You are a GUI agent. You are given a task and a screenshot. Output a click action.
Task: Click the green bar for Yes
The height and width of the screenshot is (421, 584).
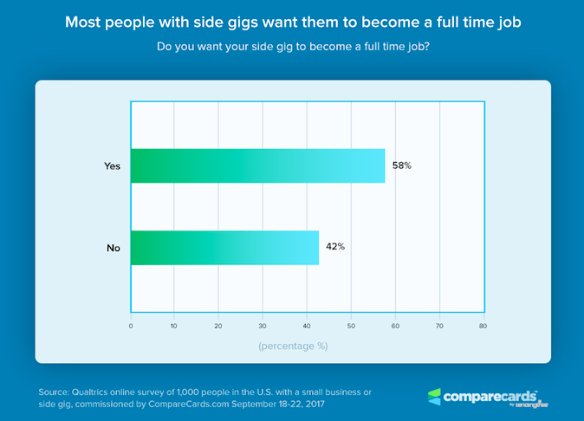[x=257, y=165]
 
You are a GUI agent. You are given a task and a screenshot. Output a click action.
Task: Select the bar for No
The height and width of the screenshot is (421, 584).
[x=224, y=247]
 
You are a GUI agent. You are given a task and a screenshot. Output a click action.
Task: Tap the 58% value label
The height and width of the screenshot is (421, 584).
[x=400, y=165]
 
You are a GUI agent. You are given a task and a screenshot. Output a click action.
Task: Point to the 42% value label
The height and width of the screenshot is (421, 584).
[x=335, y=246]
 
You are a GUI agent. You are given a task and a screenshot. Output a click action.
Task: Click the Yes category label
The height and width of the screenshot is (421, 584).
[x=111, y=165]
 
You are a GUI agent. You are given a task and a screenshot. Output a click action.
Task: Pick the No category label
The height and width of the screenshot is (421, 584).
[x=113, y=248]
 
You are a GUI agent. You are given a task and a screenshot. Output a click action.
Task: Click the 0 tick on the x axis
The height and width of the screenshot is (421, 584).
[x=131, y=327]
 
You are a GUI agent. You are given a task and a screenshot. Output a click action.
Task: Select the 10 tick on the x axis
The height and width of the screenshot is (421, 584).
[x=174, y=327]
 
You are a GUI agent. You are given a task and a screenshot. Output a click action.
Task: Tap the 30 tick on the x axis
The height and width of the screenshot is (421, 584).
[x=263, y=327]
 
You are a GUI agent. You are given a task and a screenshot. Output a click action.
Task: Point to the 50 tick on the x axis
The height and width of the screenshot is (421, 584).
[x=351, y=327]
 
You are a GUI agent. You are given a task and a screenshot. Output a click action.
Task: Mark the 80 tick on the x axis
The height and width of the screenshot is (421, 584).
[x=483, y=327]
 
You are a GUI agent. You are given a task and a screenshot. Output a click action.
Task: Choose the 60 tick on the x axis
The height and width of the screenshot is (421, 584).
[x=395, y=327]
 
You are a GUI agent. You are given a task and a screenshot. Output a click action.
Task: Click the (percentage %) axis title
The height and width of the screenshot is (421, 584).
[x=292, y=346]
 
